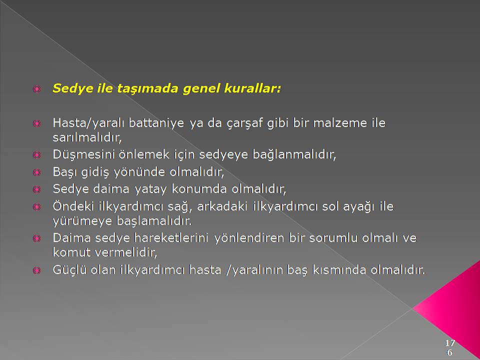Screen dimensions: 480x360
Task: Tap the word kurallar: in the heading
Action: pos(252,88)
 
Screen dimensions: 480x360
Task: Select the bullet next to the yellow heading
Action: pos(36,89)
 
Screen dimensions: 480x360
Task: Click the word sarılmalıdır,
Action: pos(87,138)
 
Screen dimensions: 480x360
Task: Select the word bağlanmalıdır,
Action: pos(294,154)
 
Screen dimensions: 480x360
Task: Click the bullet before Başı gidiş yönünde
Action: pos(36,172)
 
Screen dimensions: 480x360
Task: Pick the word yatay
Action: pos(150,189)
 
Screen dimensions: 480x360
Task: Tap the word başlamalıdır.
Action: pos(154,221)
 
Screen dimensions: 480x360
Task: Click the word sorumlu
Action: pos(333,238)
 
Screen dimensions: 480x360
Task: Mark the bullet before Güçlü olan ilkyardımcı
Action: pos(36,270)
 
